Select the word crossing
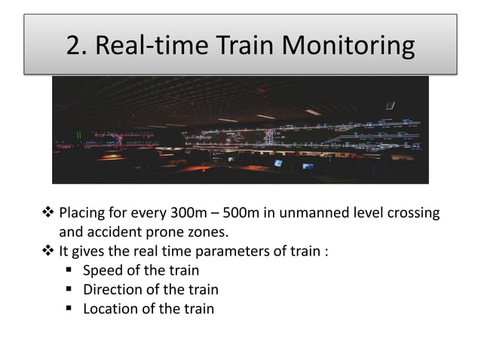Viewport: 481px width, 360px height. pos(412,213)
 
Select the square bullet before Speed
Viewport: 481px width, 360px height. pos(69,270)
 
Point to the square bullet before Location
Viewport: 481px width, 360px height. pos(69,309)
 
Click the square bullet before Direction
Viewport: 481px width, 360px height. pos(69,290)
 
